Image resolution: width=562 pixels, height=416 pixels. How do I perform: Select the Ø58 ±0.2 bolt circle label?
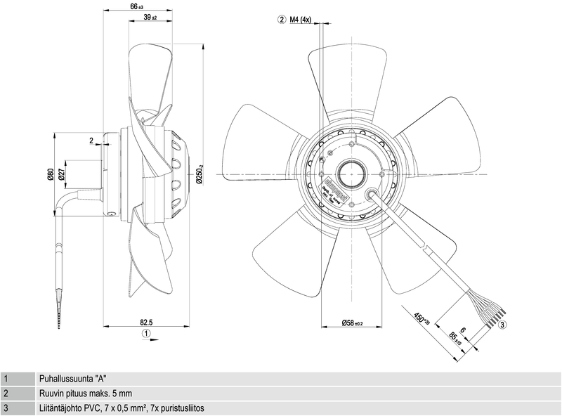tap(351, 323)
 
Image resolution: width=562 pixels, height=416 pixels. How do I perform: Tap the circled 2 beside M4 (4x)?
tap(282, 20)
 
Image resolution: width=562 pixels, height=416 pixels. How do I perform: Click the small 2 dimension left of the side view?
tap(91, 141)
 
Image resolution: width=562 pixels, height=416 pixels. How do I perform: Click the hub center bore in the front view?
tap(350, 173)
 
